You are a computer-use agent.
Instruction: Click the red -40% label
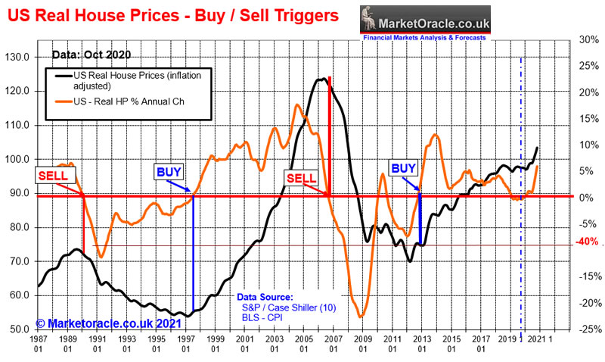587,242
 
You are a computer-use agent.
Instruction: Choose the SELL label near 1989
54,176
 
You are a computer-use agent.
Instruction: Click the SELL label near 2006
300,176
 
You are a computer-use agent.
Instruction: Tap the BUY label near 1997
169,171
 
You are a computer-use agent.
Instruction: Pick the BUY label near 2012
403,167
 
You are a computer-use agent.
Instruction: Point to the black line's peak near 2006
321,79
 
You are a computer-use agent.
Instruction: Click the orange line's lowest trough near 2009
361,316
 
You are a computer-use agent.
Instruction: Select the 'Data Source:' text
265,297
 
